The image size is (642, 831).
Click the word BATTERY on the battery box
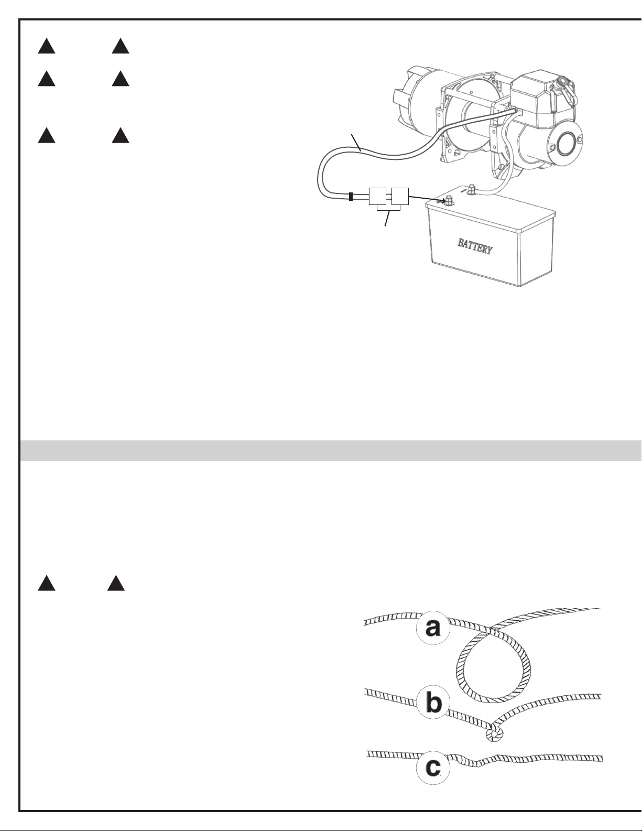click(x=475, y=246)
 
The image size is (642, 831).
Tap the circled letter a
click(x=432, y=628)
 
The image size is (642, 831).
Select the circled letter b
click(x=433, y=703)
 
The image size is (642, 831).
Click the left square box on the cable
click(x=377, y=196)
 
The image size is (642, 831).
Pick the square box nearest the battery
click(x=400, y=196)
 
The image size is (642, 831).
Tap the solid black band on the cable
click(x=351, y=197)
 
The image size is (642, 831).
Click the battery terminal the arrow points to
click(x=449, y=201)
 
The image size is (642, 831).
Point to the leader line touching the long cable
click(x=356, y=142)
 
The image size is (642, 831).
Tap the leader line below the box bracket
click(x=387, y=218)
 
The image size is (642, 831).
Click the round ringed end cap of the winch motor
click(x=567, y=144)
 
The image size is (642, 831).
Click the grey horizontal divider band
click(x=331, y=450)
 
